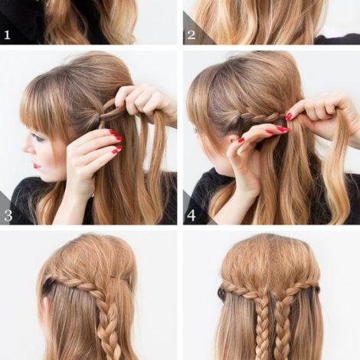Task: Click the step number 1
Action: pos(7,35)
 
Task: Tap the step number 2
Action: pos(191,35)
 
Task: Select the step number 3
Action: pos(8,215)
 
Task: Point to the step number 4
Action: pos(191,215)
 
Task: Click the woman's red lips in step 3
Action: pos(38,165)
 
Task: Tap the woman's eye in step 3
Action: pos(41,139)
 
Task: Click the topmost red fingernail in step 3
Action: pos(113,133)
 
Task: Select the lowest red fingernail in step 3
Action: pos(118,148)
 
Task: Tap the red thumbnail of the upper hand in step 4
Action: pos(289,116)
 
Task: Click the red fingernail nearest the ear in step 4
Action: pos(241,140)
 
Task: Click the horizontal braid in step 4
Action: pos(260,118)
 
